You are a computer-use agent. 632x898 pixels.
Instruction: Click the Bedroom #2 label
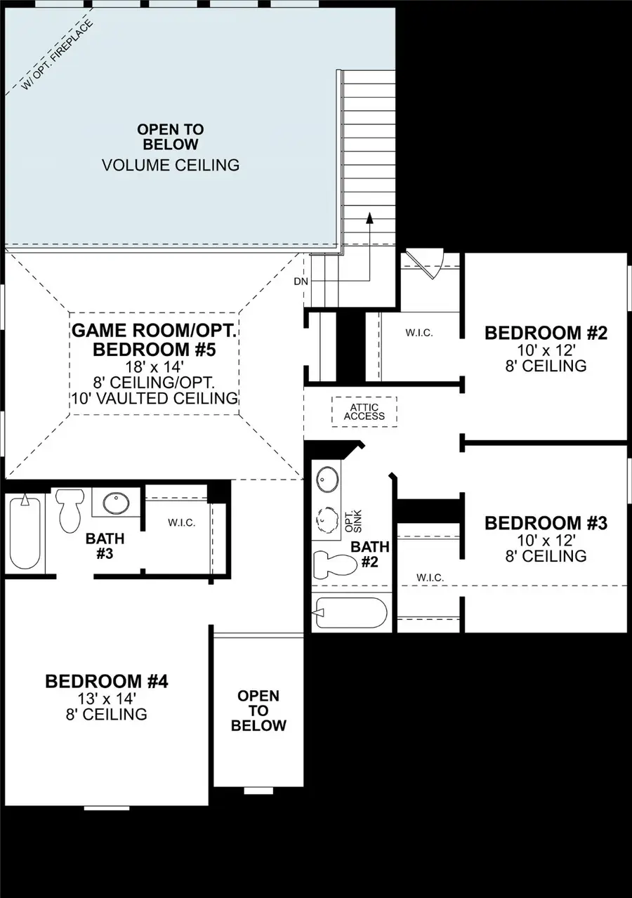[545, 333]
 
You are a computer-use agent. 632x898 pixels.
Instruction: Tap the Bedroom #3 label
[545, 523]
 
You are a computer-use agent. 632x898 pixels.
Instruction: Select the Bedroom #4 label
[106, 681]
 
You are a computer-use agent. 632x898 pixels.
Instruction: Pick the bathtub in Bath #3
[25, 531]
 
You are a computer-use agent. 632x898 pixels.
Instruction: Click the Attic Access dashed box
[364, 411]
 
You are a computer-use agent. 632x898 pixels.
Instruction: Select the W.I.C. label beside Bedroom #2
[419, 333]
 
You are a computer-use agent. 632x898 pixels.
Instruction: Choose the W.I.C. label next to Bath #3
[180, 523]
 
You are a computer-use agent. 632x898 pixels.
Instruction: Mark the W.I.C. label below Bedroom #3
[430, 577]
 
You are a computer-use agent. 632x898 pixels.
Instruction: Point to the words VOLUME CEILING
[171, 166]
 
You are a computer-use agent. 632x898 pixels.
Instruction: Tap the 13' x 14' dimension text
[106, 699]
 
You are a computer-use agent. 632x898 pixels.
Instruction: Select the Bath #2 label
[365, 554]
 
